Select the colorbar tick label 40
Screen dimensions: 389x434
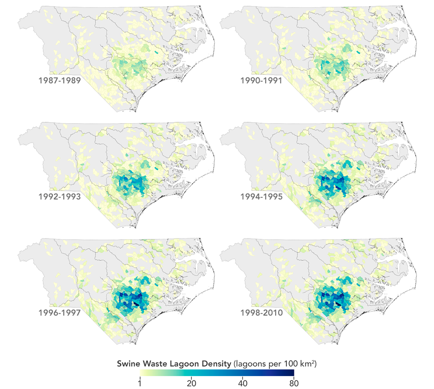[x=243, y=383]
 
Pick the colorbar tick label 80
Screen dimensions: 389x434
[x=294, y=383]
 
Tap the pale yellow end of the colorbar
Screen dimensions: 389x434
[x=142, y=373]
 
